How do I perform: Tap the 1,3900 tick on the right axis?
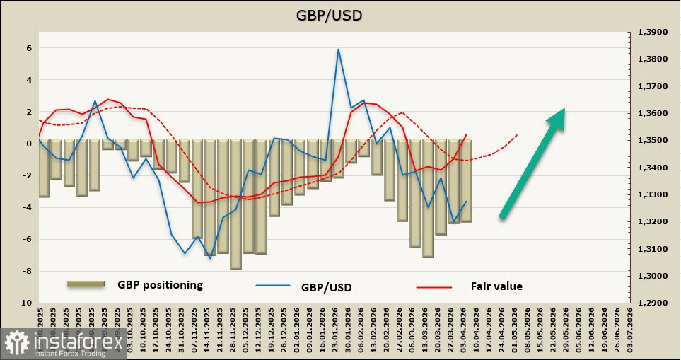coord(651,33)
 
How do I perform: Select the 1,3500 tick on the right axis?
coord(651,141)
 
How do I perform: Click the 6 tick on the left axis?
coord(29,49)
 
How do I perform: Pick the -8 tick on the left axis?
coord(27,271)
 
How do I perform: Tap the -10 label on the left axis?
coord(25,303)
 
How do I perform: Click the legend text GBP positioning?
coord(160,285)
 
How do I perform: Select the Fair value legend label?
coord(496,286)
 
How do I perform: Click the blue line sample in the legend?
coord(272,286)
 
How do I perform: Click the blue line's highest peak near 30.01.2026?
coord(338,50)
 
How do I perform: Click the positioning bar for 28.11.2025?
coord(235,204)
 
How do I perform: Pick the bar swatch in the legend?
coord(86,284)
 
